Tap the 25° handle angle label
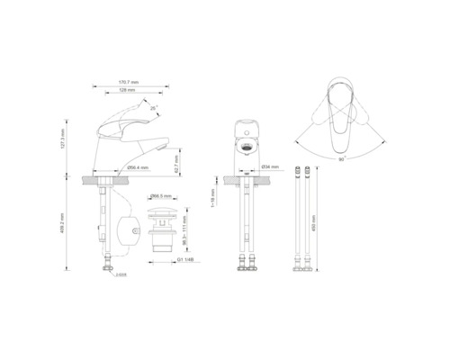[154, 109]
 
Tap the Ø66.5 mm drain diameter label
[161, 195]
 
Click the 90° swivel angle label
[341, 158]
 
